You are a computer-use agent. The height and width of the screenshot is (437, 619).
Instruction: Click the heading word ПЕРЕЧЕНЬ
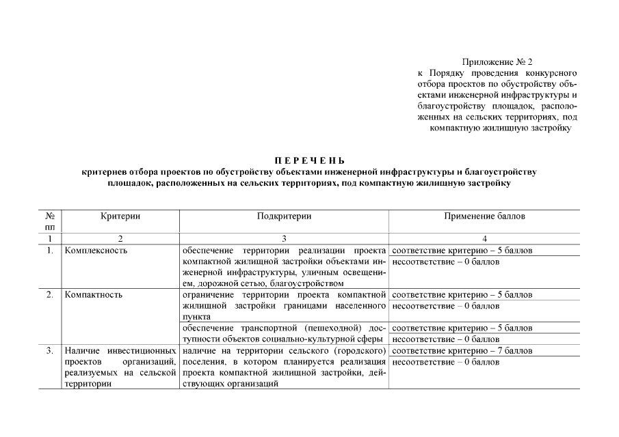310,160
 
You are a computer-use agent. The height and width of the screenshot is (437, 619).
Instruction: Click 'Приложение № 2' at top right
497,62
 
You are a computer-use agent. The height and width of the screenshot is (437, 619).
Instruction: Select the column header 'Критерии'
120,216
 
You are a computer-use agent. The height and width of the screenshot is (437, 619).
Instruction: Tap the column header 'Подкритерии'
284,216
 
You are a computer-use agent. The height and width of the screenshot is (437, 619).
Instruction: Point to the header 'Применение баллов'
484,216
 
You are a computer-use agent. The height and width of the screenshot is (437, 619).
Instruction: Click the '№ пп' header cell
49,221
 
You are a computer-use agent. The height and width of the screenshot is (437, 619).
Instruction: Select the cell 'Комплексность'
96,251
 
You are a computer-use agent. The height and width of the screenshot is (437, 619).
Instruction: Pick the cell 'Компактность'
94,295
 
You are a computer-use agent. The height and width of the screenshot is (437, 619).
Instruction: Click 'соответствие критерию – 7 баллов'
463,351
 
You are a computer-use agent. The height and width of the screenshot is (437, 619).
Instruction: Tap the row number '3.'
49,351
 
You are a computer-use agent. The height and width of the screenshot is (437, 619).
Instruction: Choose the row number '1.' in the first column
49,251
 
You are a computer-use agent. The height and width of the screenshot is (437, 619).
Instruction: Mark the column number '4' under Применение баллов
484,238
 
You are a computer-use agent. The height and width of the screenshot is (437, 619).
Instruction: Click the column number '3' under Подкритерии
284,238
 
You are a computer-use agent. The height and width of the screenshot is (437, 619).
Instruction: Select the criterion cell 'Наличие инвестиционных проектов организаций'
120,367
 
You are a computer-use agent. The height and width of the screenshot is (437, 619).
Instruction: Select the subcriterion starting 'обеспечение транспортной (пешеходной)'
284,333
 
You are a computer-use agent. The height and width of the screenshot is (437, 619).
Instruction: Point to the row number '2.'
49,295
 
